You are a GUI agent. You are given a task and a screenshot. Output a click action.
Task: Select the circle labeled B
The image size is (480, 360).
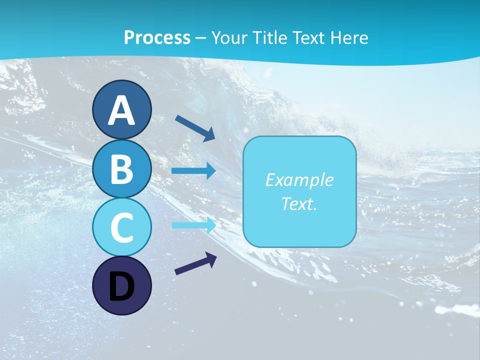121,169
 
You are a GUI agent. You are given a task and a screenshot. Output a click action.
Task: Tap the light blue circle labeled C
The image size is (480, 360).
121,227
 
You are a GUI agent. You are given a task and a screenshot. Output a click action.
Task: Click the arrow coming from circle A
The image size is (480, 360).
195,127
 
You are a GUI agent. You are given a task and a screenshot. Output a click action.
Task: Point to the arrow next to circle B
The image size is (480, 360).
193,171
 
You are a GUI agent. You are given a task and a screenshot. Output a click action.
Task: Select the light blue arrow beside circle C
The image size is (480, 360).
194,225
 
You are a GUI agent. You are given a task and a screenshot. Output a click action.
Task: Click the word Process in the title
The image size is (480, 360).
157,37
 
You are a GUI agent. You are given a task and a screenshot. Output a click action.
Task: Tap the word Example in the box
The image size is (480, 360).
299,180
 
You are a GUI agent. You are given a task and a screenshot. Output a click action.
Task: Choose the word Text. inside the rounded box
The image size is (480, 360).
299,203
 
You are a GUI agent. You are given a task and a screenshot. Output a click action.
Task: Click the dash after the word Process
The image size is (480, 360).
201,38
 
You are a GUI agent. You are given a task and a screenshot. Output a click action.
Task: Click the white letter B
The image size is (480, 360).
121,169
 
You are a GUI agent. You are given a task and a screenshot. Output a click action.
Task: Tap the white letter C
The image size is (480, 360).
121,227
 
